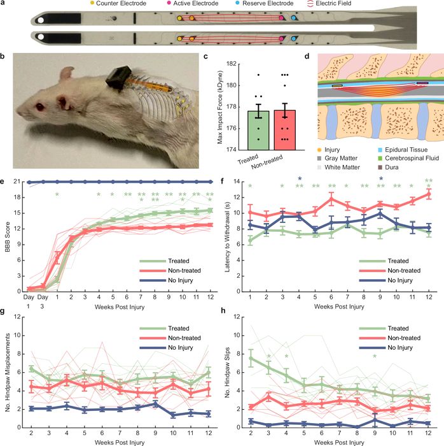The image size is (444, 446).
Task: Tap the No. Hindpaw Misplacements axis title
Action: [x=6, y=371]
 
